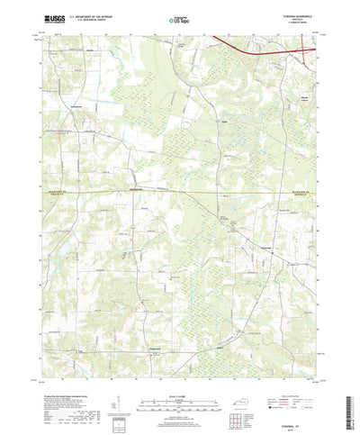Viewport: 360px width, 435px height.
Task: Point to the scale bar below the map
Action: point(179,378)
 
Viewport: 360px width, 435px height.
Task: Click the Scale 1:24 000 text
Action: point(179,369)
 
